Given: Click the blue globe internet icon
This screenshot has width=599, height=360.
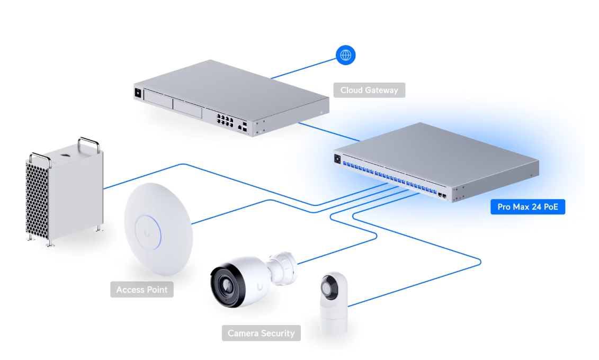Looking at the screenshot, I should coord(346,55).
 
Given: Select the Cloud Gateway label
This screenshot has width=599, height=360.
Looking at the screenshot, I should coord(369,90).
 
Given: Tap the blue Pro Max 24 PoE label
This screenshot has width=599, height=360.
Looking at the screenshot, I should coord(528,206).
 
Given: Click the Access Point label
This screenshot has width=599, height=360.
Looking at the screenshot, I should coord(141,290).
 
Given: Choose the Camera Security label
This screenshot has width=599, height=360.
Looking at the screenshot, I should coord(261,333).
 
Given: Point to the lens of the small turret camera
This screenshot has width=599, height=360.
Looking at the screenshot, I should coord(326,289).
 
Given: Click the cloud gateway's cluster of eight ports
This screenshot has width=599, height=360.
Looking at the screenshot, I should coord(225,120).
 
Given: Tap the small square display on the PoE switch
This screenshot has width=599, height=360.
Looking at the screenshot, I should coord(337,157).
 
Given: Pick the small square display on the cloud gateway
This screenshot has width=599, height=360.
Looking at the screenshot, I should coord(138,92).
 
